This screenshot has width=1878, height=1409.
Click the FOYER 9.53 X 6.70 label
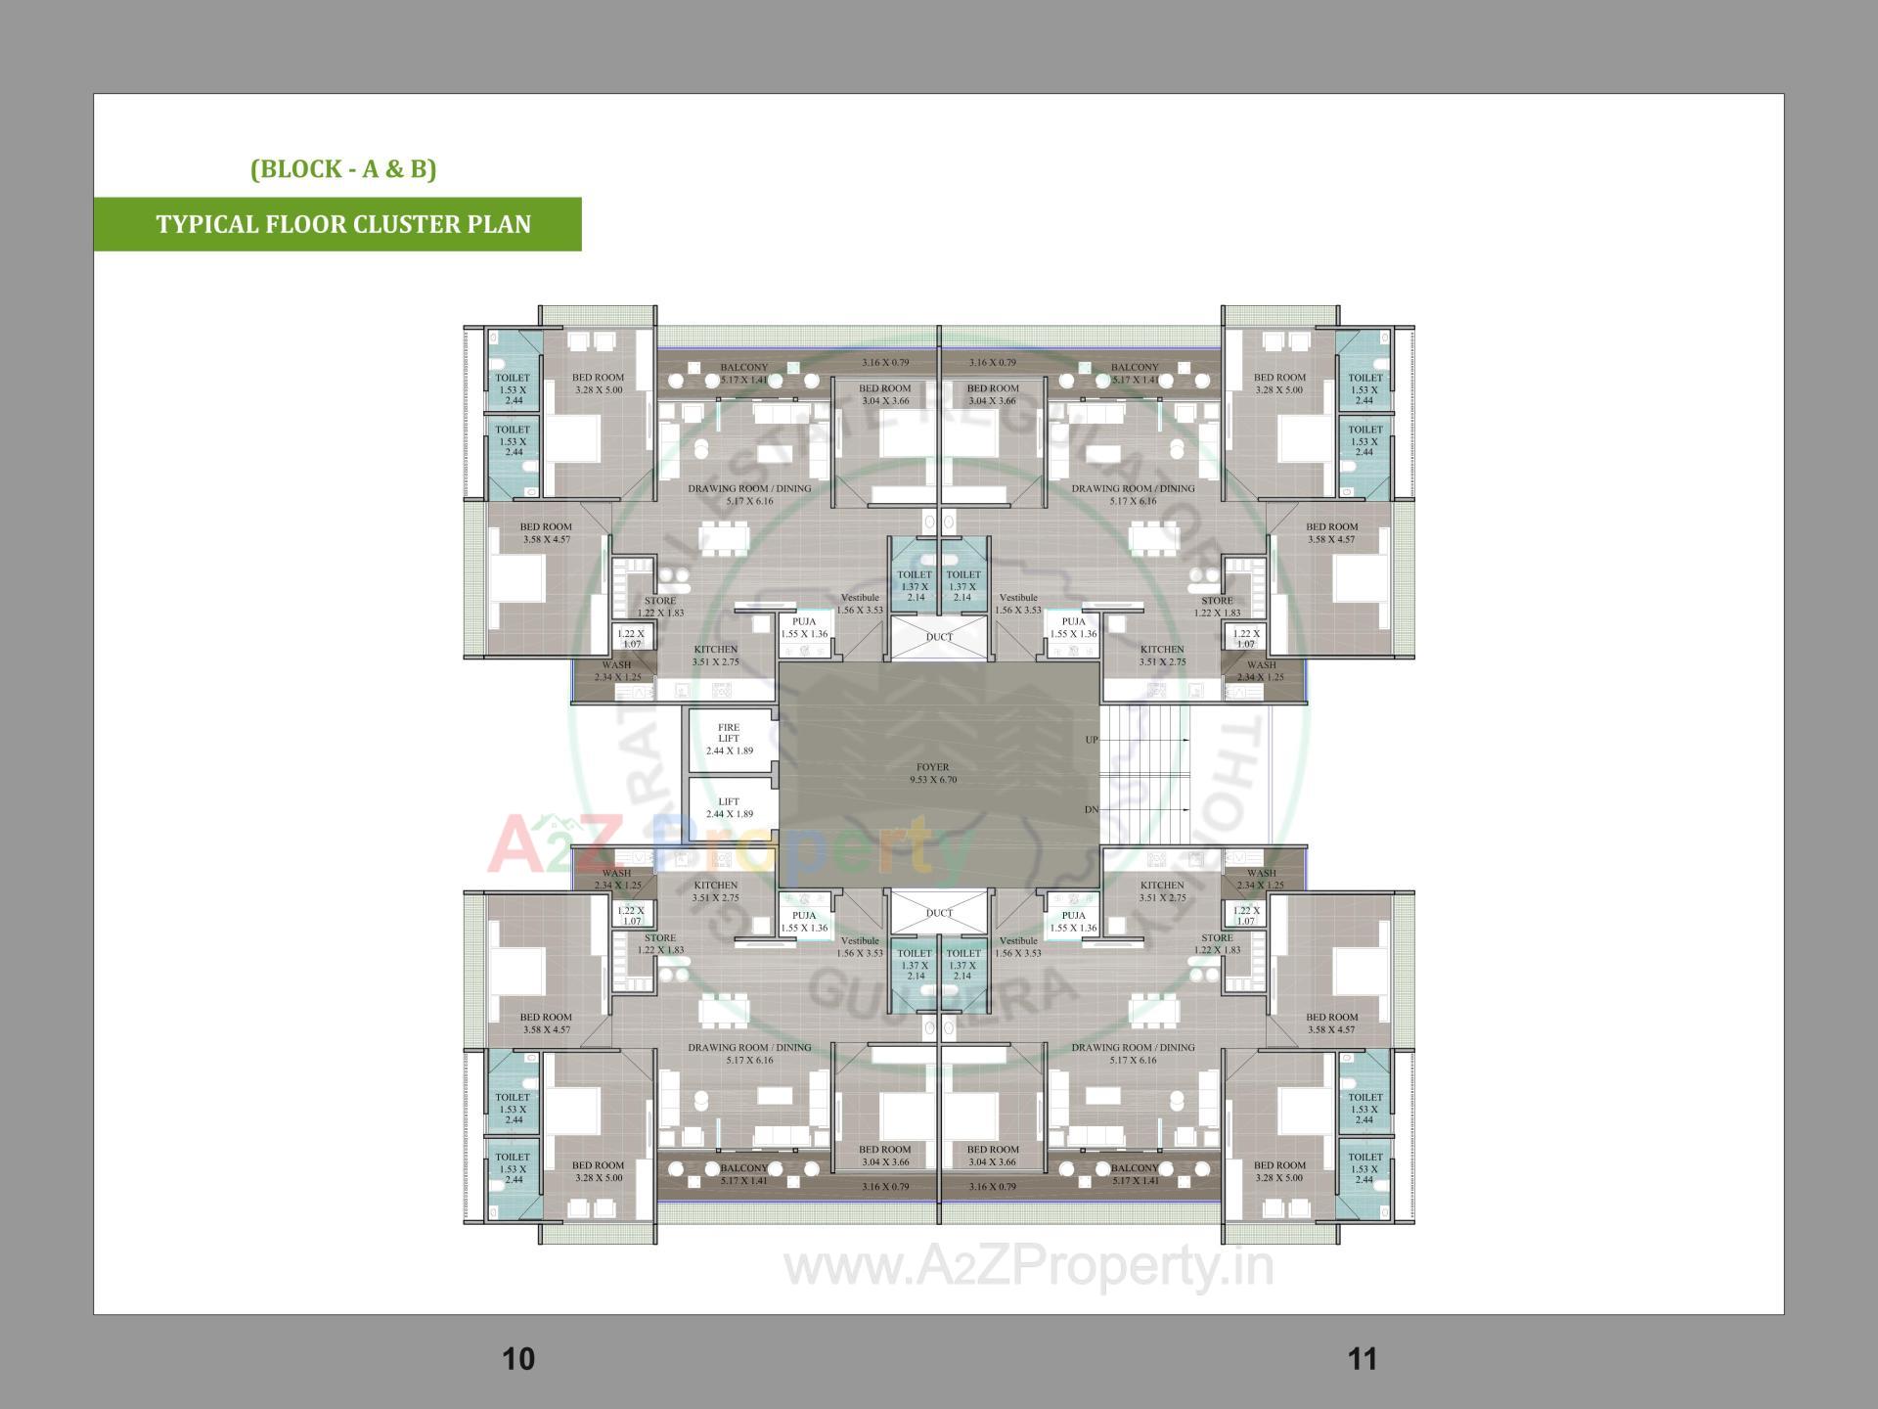tap(932, 774)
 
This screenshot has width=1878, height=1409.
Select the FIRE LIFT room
tap(729, 739)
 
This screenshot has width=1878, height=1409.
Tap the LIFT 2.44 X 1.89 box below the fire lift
tap(729, 807)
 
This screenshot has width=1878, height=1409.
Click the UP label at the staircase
tap(1092, 740)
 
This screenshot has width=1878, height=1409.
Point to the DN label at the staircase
tap(1092, 810)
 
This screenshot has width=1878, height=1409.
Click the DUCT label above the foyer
tap(939, 637)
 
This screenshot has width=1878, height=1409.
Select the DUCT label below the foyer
tap(939, 913)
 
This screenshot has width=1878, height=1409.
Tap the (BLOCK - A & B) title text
tap(343, 168)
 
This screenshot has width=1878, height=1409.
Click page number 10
tap(518, 1358)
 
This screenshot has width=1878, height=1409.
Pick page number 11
tap(1363, 1358)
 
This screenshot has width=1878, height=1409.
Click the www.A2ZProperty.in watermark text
tap(1029, 1267)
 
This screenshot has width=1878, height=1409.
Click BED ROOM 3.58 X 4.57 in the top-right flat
tap(1331, 533)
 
